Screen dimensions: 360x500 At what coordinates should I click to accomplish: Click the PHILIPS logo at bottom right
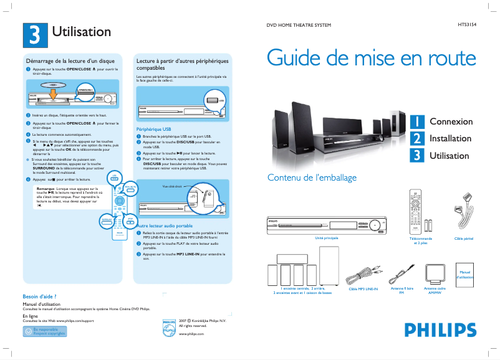436,330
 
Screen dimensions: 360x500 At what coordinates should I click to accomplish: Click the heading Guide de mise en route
372,58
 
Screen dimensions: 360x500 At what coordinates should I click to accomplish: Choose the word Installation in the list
450,138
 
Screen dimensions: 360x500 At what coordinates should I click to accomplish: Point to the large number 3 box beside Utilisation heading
35,34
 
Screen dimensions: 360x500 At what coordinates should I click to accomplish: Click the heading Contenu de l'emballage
312,178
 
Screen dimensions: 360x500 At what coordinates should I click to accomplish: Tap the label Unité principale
327,238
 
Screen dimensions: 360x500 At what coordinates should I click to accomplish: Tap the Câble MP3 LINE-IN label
363,289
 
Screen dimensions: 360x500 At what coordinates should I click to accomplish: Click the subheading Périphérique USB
153,129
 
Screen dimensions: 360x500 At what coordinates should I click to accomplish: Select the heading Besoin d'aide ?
39,296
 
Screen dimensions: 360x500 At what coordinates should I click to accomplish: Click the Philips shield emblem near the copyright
170,328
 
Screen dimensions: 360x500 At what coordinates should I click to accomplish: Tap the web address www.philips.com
191,334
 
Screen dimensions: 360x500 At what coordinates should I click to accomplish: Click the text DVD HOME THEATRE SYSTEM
299,25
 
